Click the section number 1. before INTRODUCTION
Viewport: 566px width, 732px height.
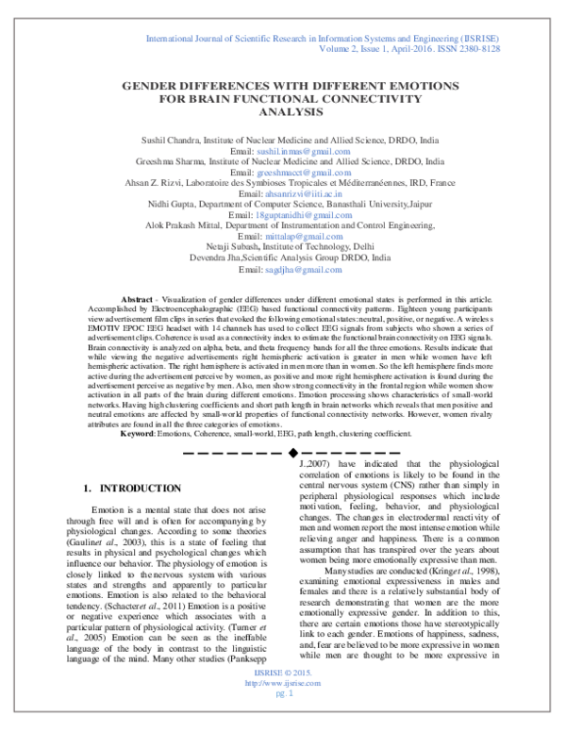point(88,489)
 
